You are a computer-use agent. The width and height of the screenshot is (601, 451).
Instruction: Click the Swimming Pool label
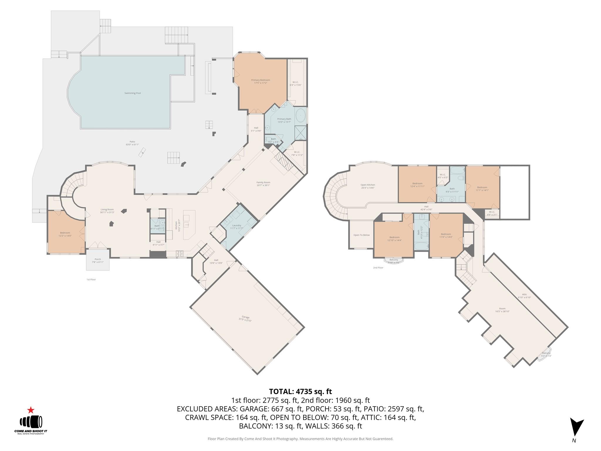(132, 93)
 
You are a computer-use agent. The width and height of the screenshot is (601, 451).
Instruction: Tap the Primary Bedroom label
(260, 81)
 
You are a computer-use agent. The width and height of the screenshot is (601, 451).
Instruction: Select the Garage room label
(245, 319)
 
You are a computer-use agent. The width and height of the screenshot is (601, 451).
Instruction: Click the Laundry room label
(237, 227)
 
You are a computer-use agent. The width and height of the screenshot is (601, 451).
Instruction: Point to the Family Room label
(263, 184)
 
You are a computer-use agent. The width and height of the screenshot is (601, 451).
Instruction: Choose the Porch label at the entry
(98, 260)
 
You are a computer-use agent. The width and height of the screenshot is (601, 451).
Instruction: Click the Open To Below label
(362, 235)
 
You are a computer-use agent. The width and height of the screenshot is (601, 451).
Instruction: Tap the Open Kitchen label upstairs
(368, 186)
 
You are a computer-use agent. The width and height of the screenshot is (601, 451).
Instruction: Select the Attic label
(524, 296)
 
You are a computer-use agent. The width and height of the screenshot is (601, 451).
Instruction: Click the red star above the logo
(31, 410)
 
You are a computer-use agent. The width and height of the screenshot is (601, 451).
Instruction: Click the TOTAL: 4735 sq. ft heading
(300, 391)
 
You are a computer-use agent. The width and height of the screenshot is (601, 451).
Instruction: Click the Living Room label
(107, 211)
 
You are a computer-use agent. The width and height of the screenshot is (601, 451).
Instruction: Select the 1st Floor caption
(91, 280)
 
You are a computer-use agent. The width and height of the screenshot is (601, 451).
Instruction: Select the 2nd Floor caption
(378, 267)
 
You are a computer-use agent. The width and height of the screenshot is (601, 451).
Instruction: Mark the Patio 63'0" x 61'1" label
(132, 143)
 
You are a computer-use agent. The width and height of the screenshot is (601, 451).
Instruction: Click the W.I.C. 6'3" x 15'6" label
(295, 83)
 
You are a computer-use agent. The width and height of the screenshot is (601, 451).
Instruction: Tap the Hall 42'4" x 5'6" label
(426, 208)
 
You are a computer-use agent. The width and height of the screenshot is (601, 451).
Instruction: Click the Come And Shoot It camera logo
(31, 422)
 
